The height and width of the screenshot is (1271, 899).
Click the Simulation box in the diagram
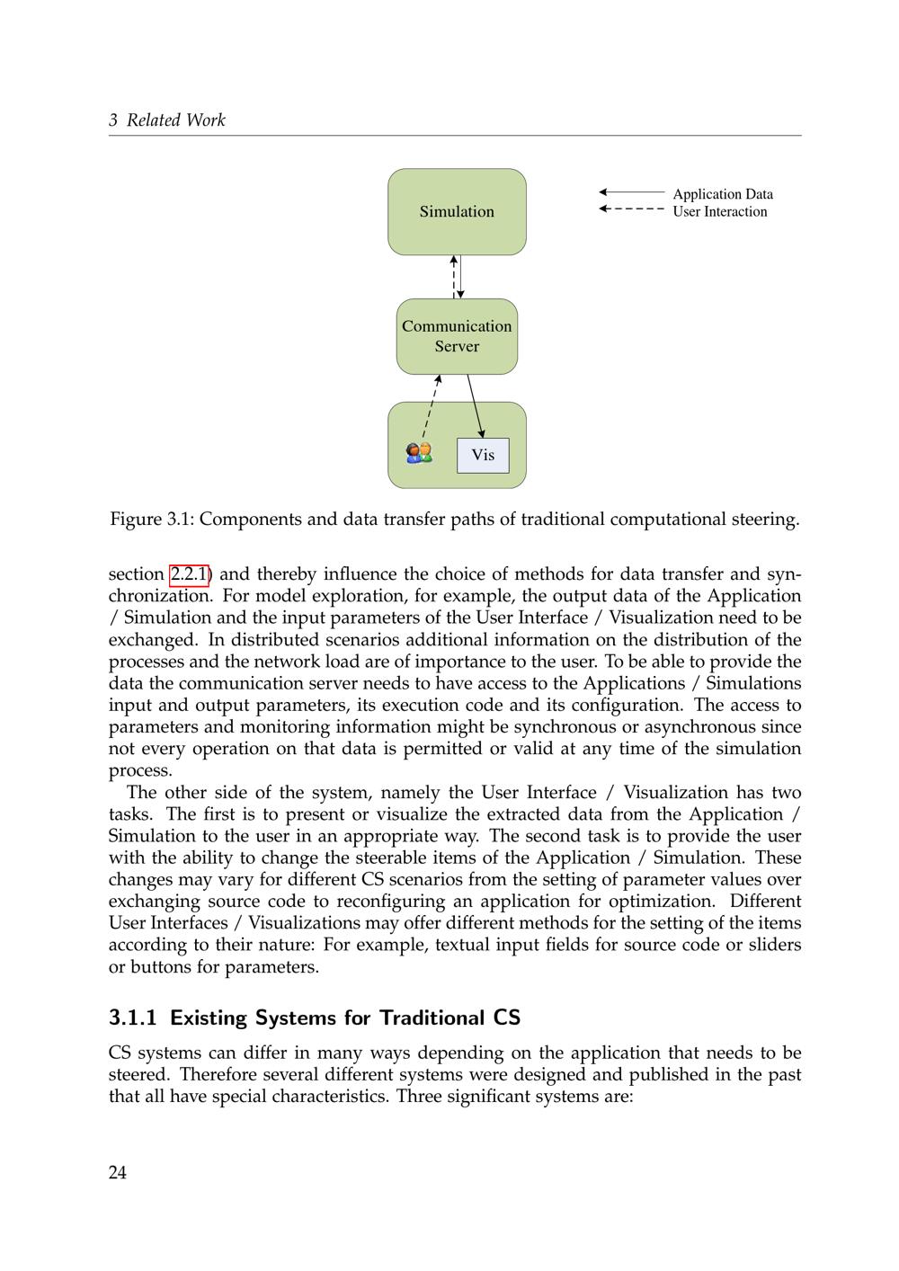pos(457,211)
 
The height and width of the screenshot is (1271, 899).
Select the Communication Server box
pos(457,336)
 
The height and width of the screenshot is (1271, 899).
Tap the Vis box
pos(483,455)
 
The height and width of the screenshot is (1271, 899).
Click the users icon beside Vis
pos(419,453)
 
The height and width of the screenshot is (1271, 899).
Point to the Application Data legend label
pos(723,194)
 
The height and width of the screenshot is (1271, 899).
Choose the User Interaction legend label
pos(720,212)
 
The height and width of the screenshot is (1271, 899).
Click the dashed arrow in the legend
pos(632,209)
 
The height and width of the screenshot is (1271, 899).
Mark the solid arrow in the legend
pos(632,192)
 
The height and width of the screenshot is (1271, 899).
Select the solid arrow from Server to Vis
pos(476,406)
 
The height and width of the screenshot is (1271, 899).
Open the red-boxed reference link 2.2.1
pos(189,574)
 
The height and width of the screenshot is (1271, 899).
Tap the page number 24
pos(118,1172)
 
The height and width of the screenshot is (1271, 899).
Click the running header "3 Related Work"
pos(167,120)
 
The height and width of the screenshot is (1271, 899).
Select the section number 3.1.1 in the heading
pos(133,1018)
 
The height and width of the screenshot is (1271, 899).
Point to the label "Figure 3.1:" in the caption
pos(151,520)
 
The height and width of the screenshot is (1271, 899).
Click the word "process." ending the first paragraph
pos(140,771)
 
